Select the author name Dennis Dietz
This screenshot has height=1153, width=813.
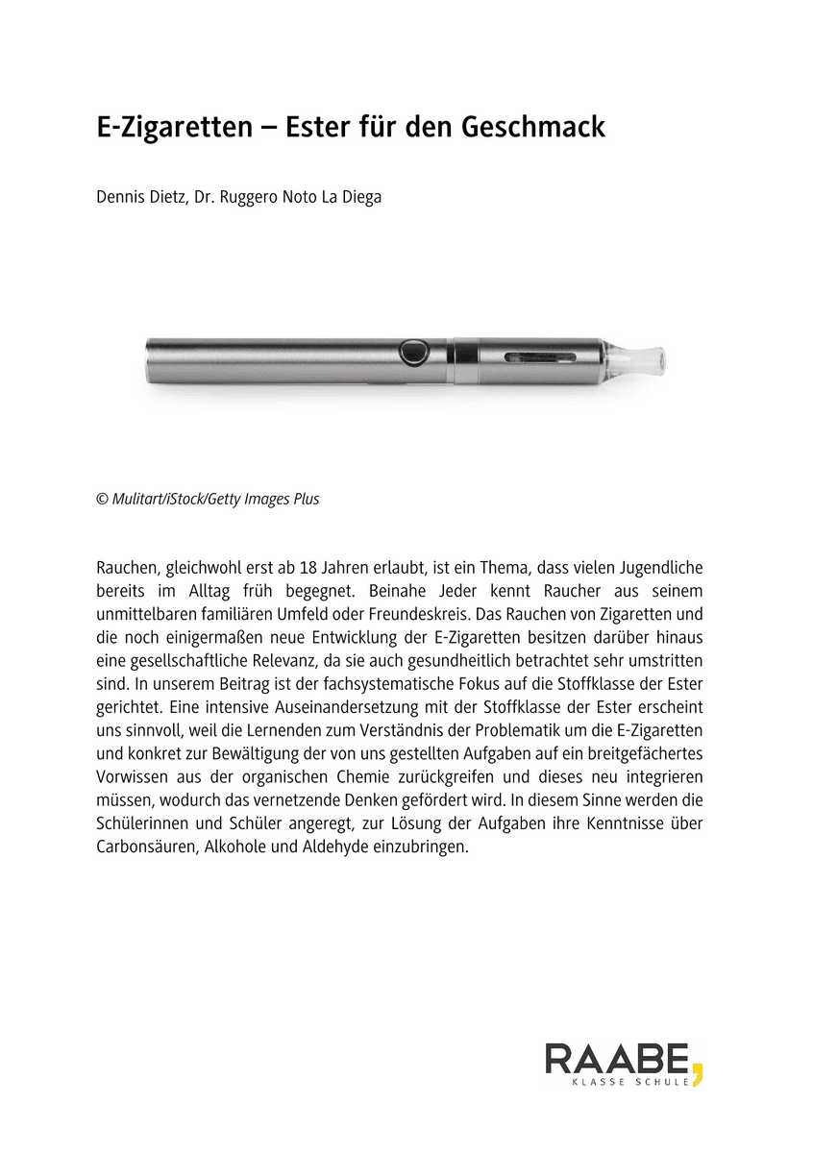136,199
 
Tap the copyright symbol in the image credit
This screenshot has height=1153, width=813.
102,499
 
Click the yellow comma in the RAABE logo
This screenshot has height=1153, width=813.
697,1068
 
